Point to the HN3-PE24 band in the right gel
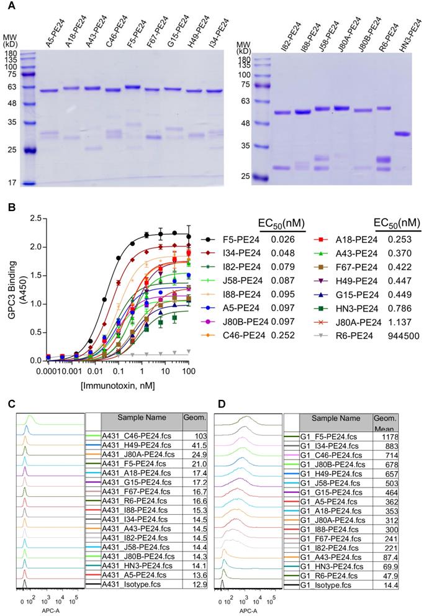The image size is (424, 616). click(404, 134)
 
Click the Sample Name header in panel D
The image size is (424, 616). click(335, 419)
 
